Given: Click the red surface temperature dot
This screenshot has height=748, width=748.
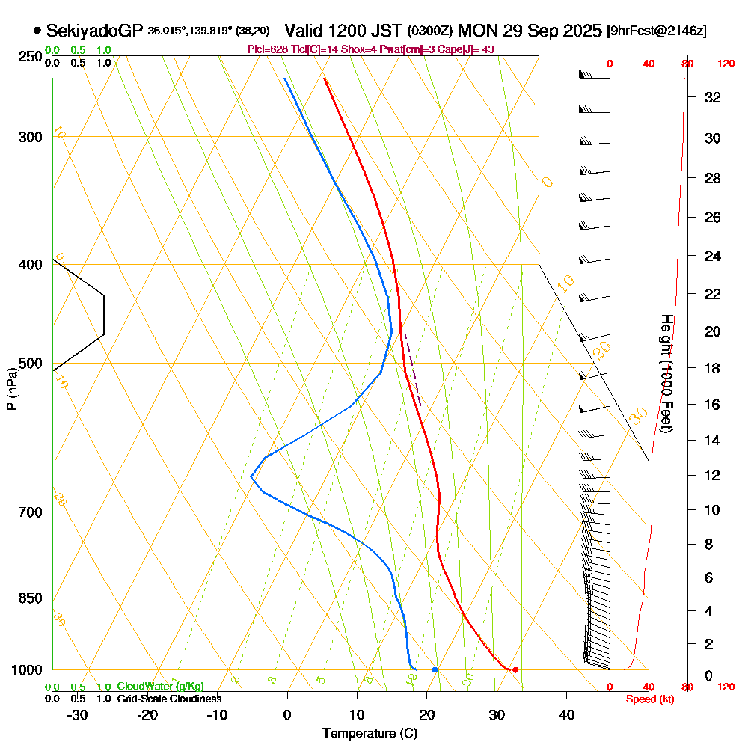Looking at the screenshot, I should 515,669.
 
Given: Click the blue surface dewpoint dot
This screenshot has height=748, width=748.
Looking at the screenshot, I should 435,669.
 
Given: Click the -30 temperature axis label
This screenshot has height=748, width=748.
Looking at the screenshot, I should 77,714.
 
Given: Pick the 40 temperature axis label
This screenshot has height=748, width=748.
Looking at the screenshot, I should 566,714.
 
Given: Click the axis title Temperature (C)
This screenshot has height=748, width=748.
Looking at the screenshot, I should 370,733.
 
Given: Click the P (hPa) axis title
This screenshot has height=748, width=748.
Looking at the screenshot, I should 11,388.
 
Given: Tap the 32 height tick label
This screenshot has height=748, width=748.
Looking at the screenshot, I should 714,97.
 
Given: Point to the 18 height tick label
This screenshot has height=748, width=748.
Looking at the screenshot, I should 714,368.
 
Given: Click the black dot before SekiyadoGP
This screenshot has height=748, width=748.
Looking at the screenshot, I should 37,31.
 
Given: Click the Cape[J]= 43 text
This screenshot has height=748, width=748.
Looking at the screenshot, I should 466,49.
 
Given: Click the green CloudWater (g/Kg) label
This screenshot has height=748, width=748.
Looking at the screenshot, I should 160,687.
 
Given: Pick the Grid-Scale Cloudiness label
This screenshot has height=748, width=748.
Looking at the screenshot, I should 169,699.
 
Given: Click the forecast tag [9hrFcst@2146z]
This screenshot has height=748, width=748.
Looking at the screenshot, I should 656,31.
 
